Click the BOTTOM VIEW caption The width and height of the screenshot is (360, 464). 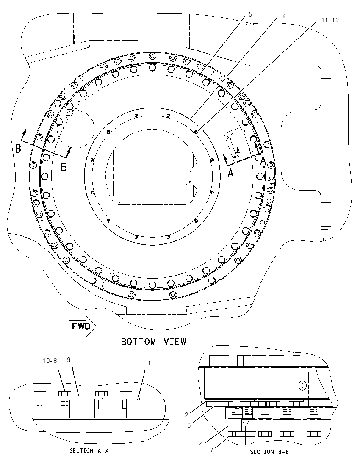tap(154, 342)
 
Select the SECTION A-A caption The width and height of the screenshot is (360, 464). tap(89, 451)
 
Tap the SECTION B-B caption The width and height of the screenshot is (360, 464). tap(269, 452)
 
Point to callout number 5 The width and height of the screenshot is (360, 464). tap(250, 14)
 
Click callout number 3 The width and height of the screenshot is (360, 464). tap(283, 16)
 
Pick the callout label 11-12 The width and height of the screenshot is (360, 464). tap(330, 20)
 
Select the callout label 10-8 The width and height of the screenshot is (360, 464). tap(50, 360)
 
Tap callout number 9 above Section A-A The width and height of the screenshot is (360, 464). tap(68, 359)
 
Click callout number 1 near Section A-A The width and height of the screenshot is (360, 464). tap(149, 363)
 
